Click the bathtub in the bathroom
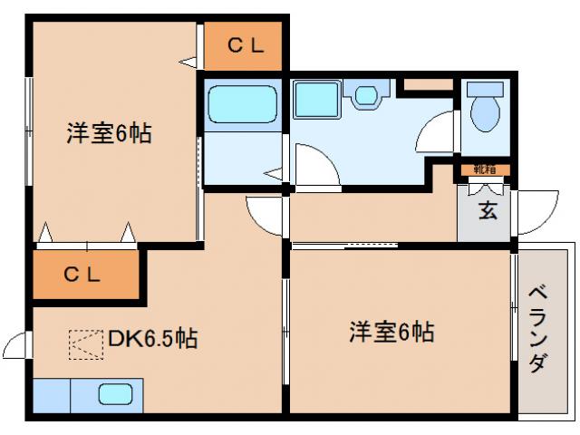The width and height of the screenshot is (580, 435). click(241, 105)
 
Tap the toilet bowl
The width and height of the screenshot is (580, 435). click(486, 110)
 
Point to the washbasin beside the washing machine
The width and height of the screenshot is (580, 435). click(366, 94)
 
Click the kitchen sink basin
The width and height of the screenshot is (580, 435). click(115, 394)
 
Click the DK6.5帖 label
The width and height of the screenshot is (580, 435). click(152, 339)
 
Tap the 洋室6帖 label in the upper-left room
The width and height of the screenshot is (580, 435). click(108, 134)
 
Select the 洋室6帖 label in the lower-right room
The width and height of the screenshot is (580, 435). click(391, 332)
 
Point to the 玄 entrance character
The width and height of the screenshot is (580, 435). click(487, 211)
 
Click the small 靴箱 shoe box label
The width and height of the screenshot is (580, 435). click(485, 169)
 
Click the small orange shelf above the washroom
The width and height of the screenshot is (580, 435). click(427, 85)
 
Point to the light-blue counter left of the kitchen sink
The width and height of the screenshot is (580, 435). click(52, 394)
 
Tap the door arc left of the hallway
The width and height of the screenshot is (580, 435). click(266, 214)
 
